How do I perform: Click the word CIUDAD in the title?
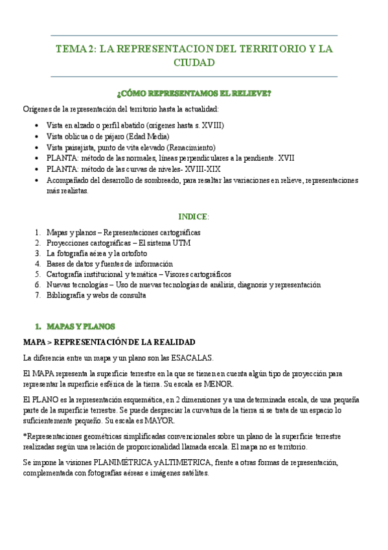(x=194, y=62)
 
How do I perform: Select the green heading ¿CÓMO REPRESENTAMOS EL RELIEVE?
(x=194, y=93)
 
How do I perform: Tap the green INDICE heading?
(x=193, y=216)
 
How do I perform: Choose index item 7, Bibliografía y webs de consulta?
(x=97, y=295)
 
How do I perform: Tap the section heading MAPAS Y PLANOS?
(x=80, y=326)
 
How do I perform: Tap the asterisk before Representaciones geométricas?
(x=24, y=436)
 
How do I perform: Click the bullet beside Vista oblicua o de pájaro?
(x=34, y=137)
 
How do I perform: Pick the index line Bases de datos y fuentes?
(x=109, y=264)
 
